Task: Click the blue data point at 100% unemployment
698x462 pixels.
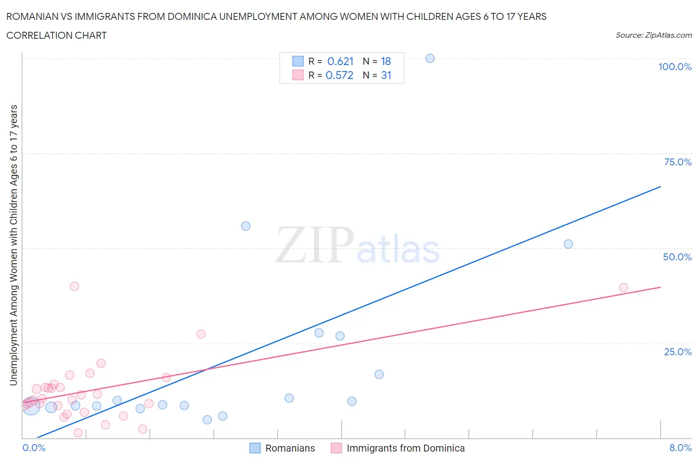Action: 430,59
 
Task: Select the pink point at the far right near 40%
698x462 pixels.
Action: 624,288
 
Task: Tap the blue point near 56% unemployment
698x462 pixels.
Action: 246,226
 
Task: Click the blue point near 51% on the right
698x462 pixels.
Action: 568,244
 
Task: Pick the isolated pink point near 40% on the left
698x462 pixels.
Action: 74,286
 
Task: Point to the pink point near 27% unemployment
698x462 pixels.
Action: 201,334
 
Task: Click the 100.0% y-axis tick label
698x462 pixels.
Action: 675,67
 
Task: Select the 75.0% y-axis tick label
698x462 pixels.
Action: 678,162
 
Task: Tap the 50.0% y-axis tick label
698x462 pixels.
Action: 677,257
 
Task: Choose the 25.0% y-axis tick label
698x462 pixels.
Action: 678,352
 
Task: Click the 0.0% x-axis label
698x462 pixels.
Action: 34,448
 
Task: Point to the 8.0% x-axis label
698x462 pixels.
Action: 680,448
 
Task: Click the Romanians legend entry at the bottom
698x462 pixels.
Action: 290,448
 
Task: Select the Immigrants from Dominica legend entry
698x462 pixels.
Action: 405,448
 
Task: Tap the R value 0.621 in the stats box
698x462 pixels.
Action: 341,61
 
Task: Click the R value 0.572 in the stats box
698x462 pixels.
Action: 340,75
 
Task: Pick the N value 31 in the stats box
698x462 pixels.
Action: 386,75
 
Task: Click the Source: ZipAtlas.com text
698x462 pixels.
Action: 653,35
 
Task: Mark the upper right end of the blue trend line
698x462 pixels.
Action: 660,186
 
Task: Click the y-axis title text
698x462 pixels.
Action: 13,245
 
